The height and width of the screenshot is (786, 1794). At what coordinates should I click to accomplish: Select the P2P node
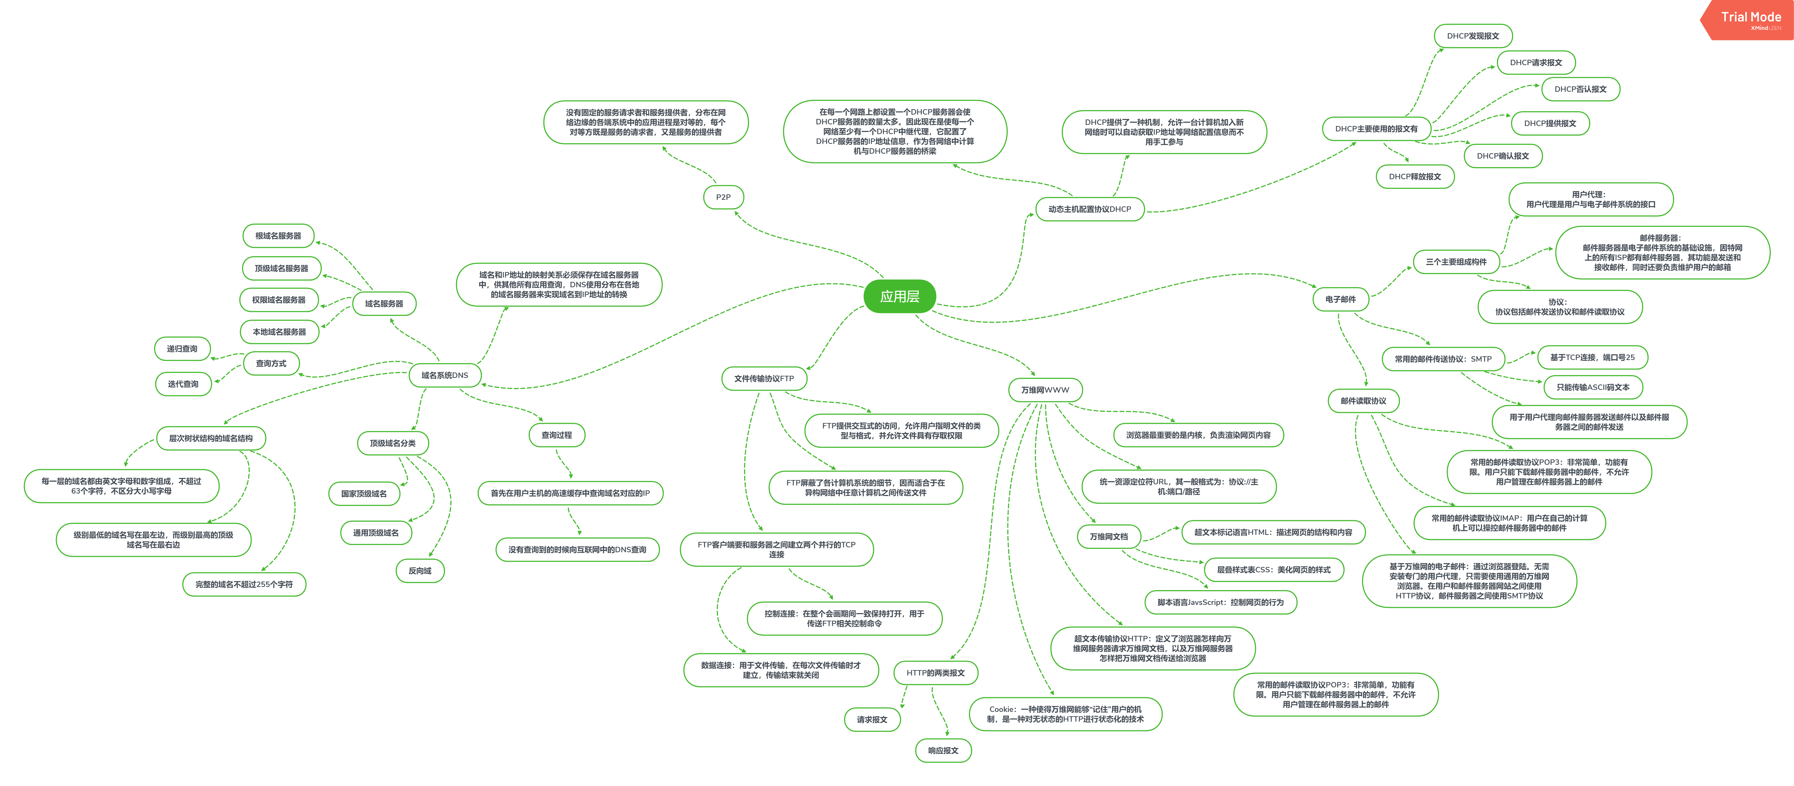724,197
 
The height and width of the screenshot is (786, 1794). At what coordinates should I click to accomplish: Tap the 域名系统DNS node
444,375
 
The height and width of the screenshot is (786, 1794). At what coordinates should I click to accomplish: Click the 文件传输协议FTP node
764,378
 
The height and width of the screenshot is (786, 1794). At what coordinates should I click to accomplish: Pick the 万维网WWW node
1045,390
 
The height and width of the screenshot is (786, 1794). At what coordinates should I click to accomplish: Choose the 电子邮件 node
1341,299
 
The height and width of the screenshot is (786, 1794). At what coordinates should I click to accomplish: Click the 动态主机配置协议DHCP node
1090,209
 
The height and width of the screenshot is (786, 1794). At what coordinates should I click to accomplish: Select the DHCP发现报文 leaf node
1473,36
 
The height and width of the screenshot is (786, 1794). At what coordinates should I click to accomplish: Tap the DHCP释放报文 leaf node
1415,176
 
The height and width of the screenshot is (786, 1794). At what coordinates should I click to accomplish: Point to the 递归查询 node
182,348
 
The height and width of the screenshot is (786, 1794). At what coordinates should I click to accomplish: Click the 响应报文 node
943,750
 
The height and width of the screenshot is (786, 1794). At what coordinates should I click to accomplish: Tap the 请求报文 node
872,719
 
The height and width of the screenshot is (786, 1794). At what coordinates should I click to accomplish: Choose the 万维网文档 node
1109,536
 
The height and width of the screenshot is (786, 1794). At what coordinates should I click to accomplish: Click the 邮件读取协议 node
1363,401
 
